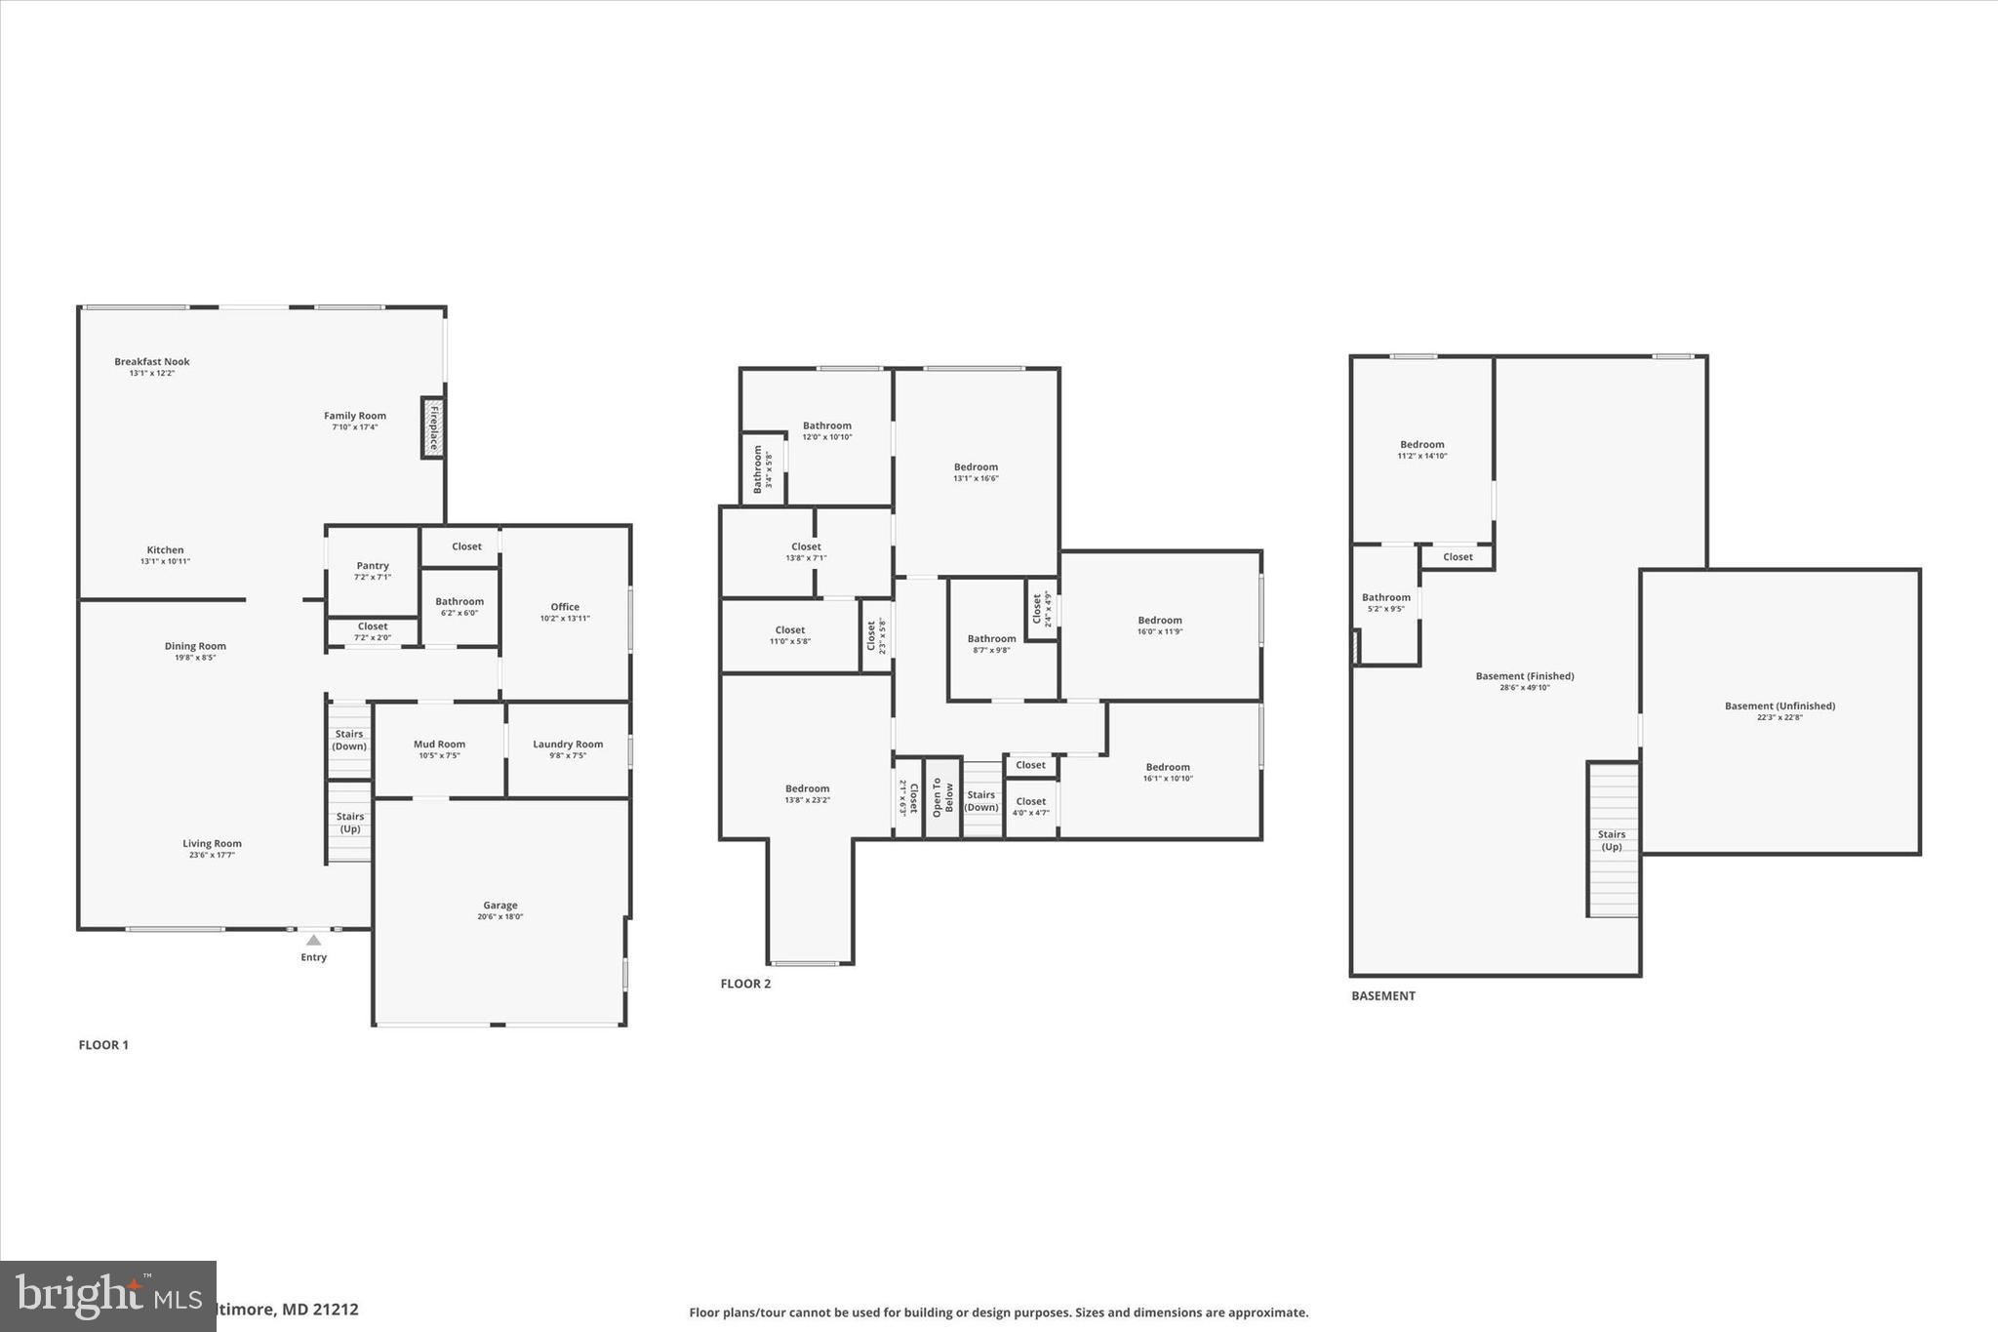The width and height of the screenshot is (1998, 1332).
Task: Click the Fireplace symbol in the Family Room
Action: click(x=433, y=426)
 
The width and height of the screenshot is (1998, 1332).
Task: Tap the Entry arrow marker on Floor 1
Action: click(x=313, y=940)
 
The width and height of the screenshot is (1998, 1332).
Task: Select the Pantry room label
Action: click(x=373, y=566)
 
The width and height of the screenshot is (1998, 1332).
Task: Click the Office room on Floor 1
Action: click(x=565, y=612)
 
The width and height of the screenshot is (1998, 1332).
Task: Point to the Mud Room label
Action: click(x=439, y=745)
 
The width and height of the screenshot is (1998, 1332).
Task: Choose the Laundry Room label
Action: click(x=568, y=745)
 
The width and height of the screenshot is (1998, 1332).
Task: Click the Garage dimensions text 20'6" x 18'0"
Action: click(x=500, y=917)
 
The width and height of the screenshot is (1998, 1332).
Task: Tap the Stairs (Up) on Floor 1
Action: click(x=349, y=823)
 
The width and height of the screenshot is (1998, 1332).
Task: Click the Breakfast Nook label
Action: click(x=152, y=362)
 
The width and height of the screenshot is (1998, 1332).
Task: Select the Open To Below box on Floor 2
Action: click(x=942, y=797)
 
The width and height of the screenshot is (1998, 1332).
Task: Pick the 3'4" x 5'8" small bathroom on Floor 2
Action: click(x=762, y=469)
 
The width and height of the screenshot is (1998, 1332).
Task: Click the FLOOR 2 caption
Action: click(x=745, y=984)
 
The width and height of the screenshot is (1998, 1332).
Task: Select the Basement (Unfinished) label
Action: click(x=1779, y=706)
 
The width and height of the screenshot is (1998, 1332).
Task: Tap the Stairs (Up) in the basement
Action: click(x=1612, y=840)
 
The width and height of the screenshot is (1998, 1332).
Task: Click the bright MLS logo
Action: click(x=107, y=1295)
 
